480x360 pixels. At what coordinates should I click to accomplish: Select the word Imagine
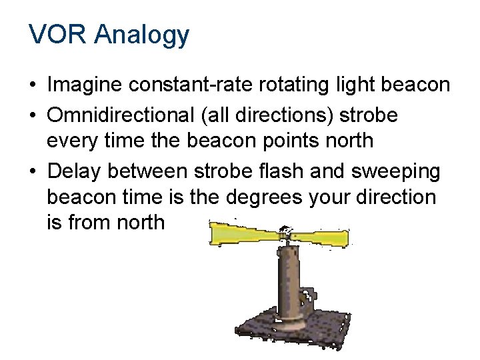[86, 85]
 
